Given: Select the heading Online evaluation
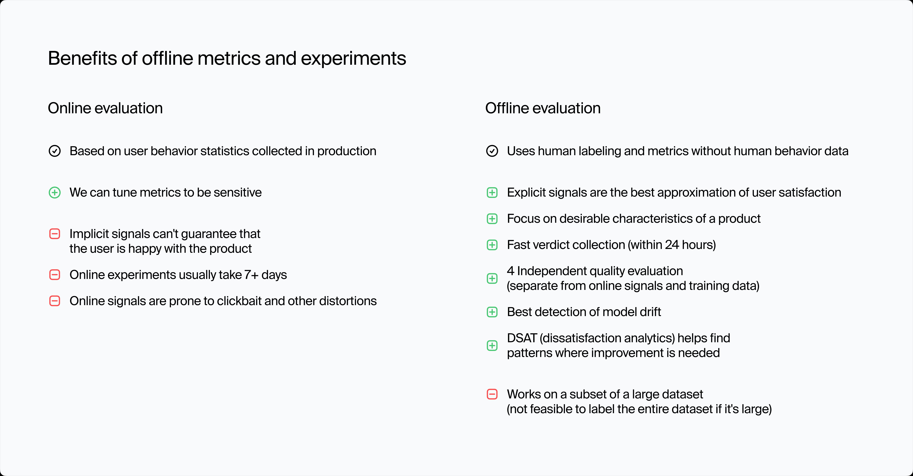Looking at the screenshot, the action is (105, 108).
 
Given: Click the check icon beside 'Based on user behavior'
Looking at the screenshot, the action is (55, 151).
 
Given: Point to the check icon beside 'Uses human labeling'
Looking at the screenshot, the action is (492, 151).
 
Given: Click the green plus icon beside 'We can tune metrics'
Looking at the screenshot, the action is (55, 193).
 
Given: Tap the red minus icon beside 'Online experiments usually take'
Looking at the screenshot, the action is (55, 275).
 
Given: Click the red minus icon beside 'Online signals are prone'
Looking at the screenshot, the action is (55, 301).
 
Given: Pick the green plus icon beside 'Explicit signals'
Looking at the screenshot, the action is (492, 193).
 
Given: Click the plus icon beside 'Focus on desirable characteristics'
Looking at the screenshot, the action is (492, 219).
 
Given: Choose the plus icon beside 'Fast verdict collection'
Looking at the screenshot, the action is (492, 245).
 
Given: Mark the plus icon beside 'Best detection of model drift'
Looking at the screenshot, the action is (492, 312).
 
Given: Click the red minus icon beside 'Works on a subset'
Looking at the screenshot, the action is (492, 394).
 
